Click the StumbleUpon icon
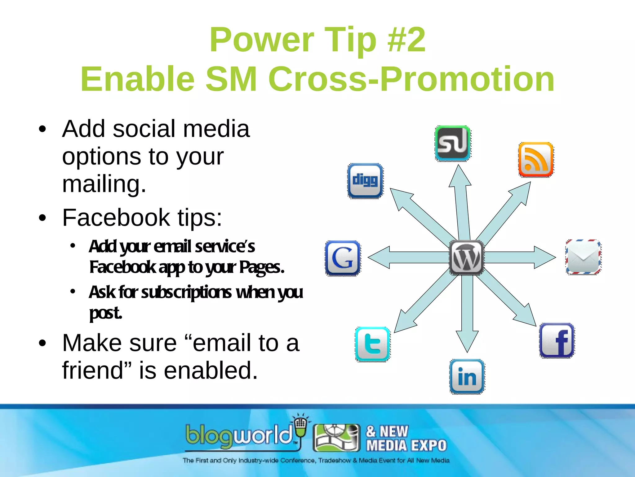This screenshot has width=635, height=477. point(452,143)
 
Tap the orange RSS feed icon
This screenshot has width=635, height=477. point(536,160)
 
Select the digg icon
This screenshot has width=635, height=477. point(365,181)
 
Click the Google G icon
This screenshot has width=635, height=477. point(343,258)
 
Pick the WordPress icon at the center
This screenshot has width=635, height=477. point(466,258)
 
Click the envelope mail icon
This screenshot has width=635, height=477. point(583,257)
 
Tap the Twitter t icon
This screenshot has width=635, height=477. point(372,344)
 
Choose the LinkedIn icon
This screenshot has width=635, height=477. point(467,377)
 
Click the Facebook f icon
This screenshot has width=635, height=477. point(557,341)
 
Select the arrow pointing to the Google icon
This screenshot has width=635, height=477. point(403,257)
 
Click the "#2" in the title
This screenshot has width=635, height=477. point(406,40)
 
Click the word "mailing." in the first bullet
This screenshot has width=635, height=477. point(104,184)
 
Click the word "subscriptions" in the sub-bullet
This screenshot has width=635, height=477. point(186,293)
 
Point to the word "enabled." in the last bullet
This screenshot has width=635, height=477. point(211,370)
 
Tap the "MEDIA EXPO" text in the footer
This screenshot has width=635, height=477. point(406,446)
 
